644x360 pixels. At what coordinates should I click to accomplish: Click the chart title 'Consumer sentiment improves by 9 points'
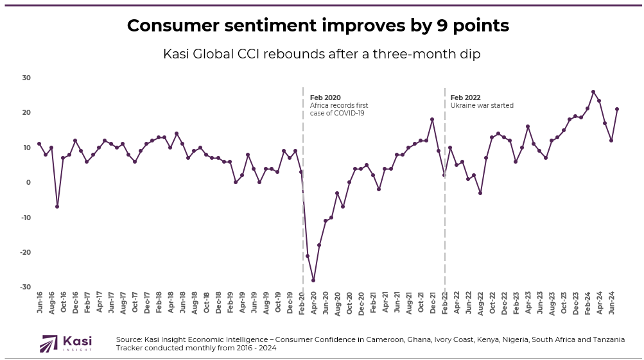pyautogui.click(x=318, y=26)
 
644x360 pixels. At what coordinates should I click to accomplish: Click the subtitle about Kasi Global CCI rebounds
pyautogui.click(x=322, y=55)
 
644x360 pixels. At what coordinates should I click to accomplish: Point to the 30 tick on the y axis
pyautogui.click(x=27, y=78)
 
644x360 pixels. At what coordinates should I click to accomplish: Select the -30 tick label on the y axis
pyautogui.click(x=26, y=287)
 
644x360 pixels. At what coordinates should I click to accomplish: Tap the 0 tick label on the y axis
pyautogui.click(x=28, y=182)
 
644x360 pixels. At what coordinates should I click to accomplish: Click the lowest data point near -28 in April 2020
pyautogui.click(x=313, y=280)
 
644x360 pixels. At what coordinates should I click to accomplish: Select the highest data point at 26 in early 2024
pyautogui.click(x=593, y=92)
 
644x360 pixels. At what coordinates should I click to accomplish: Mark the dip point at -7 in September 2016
pyautogui.click(x=57, y=207)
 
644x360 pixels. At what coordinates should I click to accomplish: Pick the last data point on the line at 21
pyautogui.click(x=617, y=109)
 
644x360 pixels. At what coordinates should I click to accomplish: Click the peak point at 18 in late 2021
pyautogui.click(x=432, y=119)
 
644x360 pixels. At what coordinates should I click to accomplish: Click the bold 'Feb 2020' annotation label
pyautogui.click(x=325, y=98)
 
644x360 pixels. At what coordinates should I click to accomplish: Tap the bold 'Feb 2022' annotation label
pyautogui.click(x=465, y=98)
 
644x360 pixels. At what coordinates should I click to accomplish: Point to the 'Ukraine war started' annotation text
pyautogui.click(x=482, y=105)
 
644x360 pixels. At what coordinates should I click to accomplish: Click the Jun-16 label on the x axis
pyautogui.click(x=40, y=302)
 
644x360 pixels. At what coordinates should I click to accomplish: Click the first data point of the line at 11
pyautogui.click(x=39, y=144)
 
